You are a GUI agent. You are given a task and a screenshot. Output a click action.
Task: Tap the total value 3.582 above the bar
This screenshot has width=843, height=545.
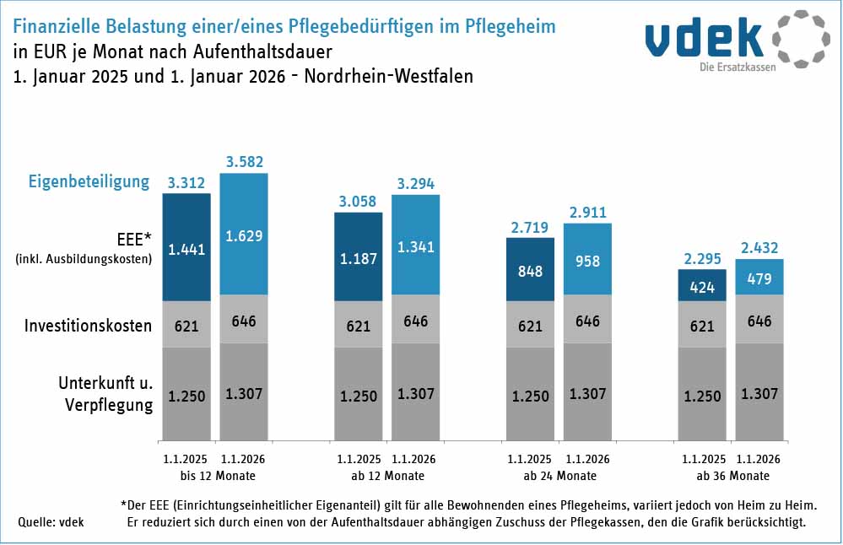tap(243, 160)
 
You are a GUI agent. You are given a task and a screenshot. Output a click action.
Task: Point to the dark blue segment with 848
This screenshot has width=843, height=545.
tap(530, 272)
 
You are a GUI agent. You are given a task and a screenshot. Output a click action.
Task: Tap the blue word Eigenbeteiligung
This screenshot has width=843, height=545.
tap(89, 181)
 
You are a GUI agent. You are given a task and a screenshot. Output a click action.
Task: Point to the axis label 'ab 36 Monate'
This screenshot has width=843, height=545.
tap(732, 476)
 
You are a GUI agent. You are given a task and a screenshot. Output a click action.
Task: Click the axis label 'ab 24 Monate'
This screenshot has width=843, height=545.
tap(559, 476)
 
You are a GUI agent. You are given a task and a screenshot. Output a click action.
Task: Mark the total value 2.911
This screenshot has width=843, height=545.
tap(587, 212)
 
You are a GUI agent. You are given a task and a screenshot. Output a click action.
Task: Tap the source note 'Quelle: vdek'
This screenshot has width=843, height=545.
tap(51, 522)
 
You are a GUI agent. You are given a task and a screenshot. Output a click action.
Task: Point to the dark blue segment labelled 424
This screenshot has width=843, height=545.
tap(702, 287)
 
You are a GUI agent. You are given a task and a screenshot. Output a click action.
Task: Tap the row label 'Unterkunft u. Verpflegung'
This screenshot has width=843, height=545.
tap(105, 394)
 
